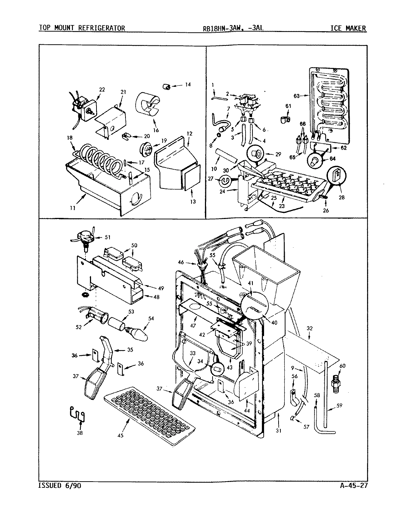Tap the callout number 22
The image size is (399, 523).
[102, 89]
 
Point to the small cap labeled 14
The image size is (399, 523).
[167, 86]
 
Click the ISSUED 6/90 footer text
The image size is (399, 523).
[59, 486]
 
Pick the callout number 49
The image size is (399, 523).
[160, 288]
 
